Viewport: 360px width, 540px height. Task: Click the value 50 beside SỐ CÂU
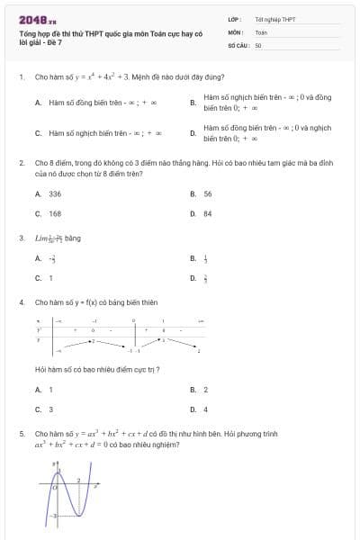pyautogui.click(x=258, y=44)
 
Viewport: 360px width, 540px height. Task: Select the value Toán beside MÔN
pyautogui.click(x=261, y=31)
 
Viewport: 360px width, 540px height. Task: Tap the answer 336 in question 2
pyautogui.click(x=55, y=193)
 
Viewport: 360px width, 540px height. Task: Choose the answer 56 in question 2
pyautogui.click(x=208, y=193)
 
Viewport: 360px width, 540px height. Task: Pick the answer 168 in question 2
pyautogui.click(x=55, y=214)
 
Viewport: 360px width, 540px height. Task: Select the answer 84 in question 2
pyautogui.click(x=208, y=214)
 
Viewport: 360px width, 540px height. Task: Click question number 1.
pyautogui.click(x=21, y=78)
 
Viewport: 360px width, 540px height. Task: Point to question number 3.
pyautogui.click(x=21, y=238)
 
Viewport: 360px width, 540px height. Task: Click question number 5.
pyautogui.click(x=21, y=433)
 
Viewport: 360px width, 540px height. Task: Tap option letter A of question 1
pyautogui.click(x=38, y=103)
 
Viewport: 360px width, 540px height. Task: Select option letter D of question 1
pyautogui.click(x=193, y=133)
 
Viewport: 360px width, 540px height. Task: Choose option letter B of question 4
pyautogui.click(x=193, y=390)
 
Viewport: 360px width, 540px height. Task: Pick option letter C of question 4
pyautogui.click(x=38, y=409)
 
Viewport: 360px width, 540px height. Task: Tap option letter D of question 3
pyautogui.click(x=193, y=278)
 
